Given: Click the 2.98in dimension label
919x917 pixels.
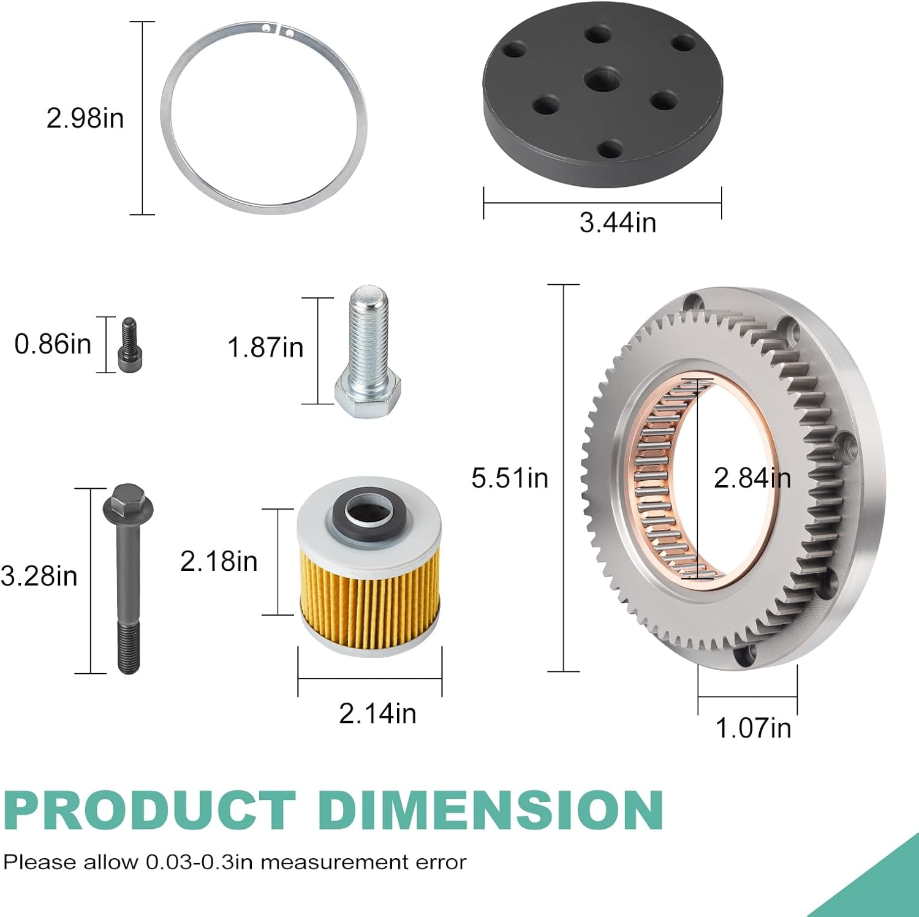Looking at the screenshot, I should tap(85, 118).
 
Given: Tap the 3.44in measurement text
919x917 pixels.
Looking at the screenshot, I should tap(618, 222).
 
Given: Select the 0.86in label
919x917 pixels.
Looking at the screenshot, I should tap(53, 344).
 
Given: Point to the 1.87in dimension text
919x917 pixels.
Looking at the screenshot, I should tap(265, 347).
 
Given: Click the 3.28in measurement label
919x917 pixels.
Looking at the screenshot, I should tap(39, 576).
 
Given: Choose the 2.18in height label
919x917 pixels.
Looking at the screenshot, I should tap(219, 562).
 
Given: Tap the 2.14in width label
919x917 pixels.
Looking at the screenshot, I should tap(377, 714).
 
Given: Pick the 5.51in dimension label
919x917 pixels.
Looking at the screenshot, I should tap(510, 478).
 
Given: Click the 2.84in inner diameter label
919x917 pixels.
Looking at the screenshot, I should tap(752, 478).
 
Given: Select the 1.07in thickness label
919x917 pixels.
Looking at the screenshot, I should tap(753, 728).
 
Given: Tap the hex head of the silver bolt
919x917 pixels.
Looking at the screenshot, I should tap(368, 395).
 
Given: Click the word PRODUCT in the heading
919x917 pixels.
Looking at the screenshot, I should tap(149, 810).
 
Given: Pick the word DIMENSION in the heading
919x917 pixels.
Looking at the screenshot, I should tap(491, 810).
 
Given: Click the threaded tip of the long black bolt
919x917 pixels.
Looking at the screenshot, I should tap(129, 649).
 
